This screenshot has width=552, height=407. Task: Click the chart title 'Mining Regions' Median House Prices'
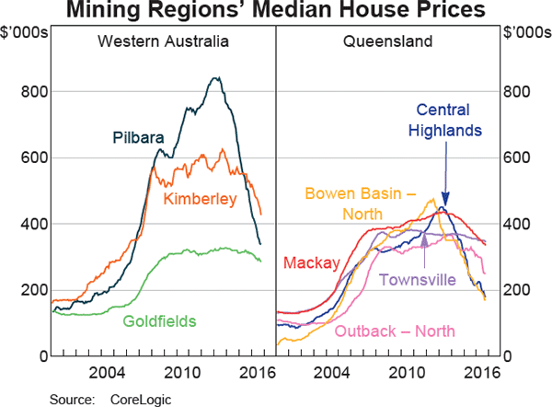click(x=276, y=12)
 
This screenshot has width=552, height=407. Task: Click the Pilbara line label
click(x=138, y=138)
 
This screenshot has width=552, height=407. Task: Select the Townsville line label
click(x=422, y=280)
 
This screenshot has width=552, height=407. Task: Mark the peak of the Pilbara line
click(x=217, y=78)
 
